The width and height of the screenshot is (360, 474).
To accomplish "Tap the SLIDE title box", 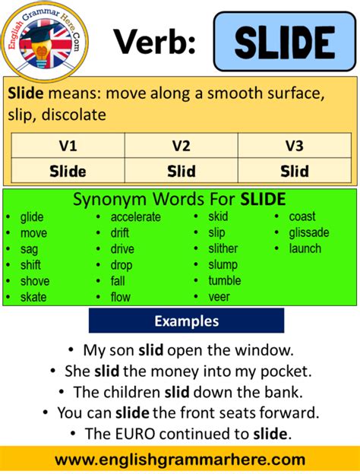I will pyautogui.click(x=284, y=42).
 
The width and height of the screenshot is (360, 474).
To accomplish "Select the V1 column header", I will pyautogui.click(x=68, y=145).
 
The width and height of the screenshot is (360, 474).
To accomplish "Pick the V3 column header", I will pyautogui.click(x=294, y=145).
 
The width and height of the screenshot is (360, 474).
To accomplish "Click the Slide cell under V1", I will pyautogui.click(x=68, y=171).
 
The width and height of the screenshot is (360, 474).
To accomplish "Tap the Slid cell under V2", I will pyautogui.click(x=181, y=171).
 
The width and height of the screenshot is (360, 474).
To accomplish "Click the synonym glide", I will pyautogui.click(x=32, y=216).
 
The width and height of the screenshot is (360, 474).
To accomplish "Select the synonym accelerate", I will pyautogui.click(x=136, y=216).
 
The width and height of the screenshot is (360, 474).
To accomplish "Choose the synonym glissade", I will pyautogui.click(x=309, y=232).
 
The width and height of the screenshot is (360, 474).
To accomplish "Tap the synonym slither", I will pyautogui.click(x=223, y=248).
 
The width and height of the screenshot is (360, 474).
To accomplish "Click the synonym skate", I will pyautogui.click(x=33, y=297).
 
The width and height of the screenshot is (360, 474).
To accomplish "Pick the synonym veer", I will pyautogui.click(x=219, y=297).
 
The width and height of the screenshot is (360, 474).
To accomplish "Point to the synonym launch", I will pyautogui.click(x=305, y=248).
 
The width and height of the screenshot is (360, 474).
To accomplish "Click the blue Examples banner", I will pyautogui.click(x=186, y=321).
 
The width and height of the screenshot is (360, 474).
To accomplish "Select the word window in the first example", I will pyautogui.click(x=270, y=352).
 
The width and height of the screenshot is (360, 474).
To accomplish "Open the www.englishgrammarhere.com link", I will pyautogui.click(x=180, y=460).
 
